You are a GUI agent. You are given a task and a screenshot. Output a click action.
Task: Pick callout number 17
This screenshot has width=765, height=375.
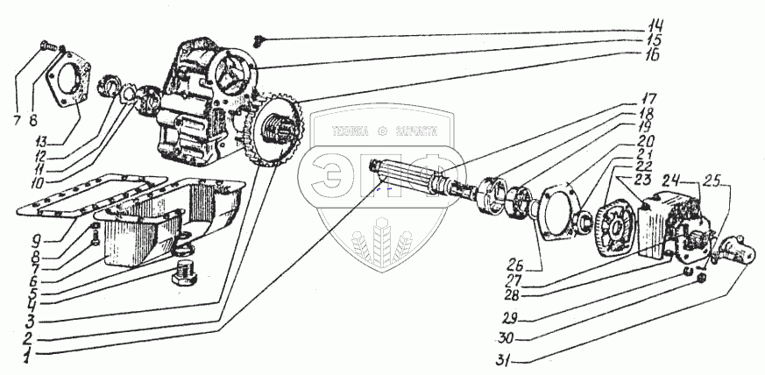(x=648, y=97)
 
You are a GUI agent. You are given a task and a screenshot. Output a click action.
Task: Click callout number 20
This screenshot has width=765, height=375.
(x=647, y=140)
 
